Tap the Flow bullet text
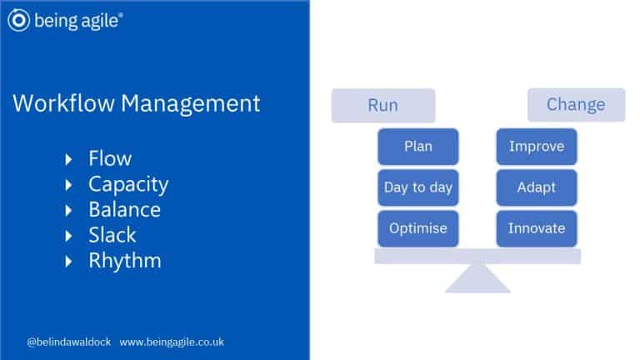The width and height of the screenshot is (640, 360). (x=110, y=158)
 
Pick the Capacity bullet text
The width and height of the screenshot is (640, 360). (x=128, y=184)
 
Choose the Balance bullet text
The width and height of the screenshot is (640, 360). (x=124, y=209)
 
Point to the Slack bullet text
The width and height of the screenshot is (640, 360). (x=112, y=235)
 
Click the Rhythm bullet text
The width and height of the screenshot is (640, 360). (x=125, y=261)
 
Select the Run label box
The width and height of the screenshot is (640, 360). (x=382, y=106)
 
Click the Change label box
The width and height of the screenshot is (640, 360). (x=576, y=105)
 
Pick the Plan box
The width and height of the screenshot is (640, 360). (x=417, y=147)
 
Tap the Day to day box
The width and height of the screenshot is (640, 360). (x=417, y=187)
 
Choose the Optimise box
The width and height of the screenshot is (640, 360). (x=417, y=228)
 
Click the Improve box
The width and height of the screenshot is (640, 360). (x=536, y=147)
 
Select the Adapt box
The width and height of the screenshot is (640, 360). (x=536, y=187)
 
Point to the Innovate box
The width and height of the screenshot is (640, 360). (x=536, y=228)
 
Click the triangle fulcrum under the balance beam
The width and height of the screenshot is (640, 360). (x=477, y=279)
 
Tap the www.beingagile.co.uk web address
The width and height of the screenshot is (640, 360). (x=172, y=342)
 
